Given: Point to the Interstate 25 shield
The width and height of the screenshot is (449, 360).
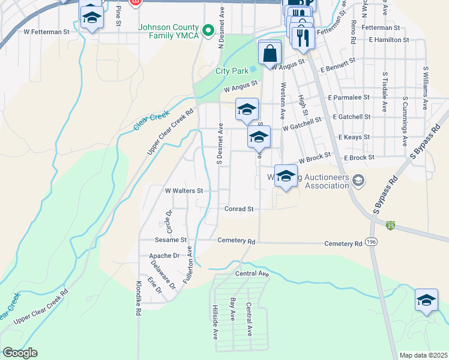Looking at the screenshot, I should click(x=391, y=226).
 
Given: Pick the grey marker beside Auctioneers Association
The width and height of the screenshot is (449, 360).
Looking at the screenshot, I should click(x=358, y=180).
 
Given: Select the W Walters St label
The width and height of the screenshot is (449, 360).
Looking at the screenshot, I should click(x=184, y=191).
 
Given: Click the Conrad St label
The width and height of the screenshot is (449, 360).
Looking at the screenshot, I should click(x=240, y=209).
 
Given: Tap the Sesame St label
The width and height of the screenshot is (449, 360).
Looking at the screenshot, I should click(x=172, y=239).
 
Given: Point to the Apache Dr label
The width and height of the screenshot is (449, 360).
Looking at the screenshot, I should click(x=164, y=256).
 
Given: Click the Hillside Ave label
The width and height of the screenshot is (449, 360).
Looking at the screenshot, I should click(x=215, y=321).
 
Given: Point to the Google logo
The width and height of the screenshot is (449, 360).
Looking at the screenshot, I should click(x=20, y=353).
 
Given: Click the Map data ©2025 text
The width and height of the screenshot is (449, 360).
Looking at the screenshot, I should click(x=424, y=355).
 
